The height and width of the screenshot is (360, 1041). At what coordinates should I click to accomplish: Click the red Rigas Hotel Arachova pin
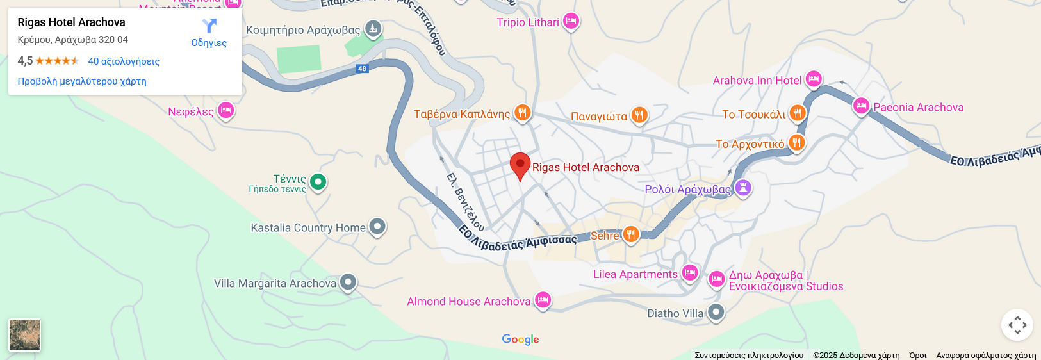point(520,165)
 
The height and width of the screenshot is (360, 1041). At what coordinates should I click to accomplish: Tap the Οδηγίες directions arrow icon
point(209,26)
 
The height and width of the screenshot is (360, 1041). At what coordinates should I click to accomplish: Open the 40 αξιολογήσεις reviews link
point(124,61)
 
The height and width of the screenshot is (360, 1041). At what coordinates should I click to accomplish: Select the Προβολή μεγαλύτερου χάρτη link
point(82,81)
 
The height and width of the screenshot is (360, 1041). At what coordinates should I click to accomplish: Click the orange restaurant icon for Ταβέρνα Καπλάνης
point(523,113)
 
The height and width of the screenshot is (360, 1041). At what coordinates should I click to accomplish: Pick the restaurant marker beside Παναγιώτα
point(639,115)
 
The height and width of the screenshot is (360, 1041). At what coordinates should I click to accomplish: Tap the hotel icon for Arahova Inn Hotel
point(814,79)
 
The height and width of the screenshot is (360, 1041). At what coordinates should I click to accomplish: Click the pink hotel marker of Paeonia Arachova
point(861,106)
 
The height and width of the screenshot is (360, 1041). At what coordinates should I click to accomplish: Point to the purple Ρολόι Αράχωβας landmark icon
point(743,188)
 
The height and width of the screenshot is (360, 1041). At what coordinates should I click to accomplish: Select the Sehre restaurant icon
point(631,234)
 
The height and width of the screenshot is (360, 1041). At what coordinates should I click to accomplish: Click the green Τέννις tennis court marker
point(318,182)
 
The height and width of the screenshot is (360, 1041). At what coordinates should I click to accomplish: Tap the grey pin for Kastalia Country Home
point(377,226)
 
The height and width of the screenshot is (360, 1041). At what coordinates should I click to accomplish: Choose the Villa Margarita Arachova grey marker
point(348,282)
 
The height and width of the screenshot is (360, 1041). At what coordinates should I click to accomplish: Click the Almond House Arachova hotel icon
point(543,300)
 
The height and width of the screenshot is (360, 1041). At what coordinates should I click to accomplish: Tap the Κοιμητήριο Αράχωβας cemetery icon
point(373,29)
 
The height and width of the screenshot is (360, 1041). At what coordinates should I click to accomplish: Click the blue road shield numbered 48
point(363,69)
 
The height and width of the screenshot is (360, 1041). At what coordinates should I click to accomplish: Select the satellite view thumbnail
point(25,335)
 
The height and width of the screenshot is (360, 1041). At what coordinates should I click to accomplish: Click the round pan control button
point(1017,325)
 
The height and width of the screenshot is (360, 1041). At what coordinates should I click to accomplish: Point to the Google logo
point(520,340)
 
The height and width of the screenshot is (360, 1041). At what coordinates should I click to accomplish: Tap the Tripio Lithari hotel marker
point(571,21)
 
